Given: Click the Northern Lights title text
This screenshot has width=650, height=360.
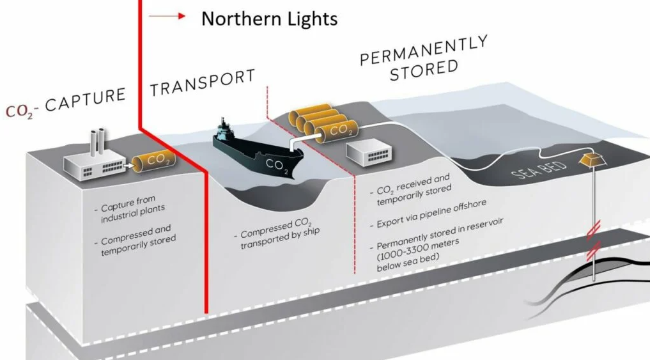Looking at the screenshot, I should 269,19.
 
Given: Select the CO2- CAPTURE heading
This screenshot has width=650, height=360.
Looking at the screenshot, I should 66,102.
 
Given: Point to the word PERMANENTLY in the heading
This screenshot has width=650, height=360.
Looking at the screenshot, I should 424,49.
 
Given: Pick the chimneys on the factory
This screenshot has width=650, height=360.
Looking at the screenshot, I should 98,139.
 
